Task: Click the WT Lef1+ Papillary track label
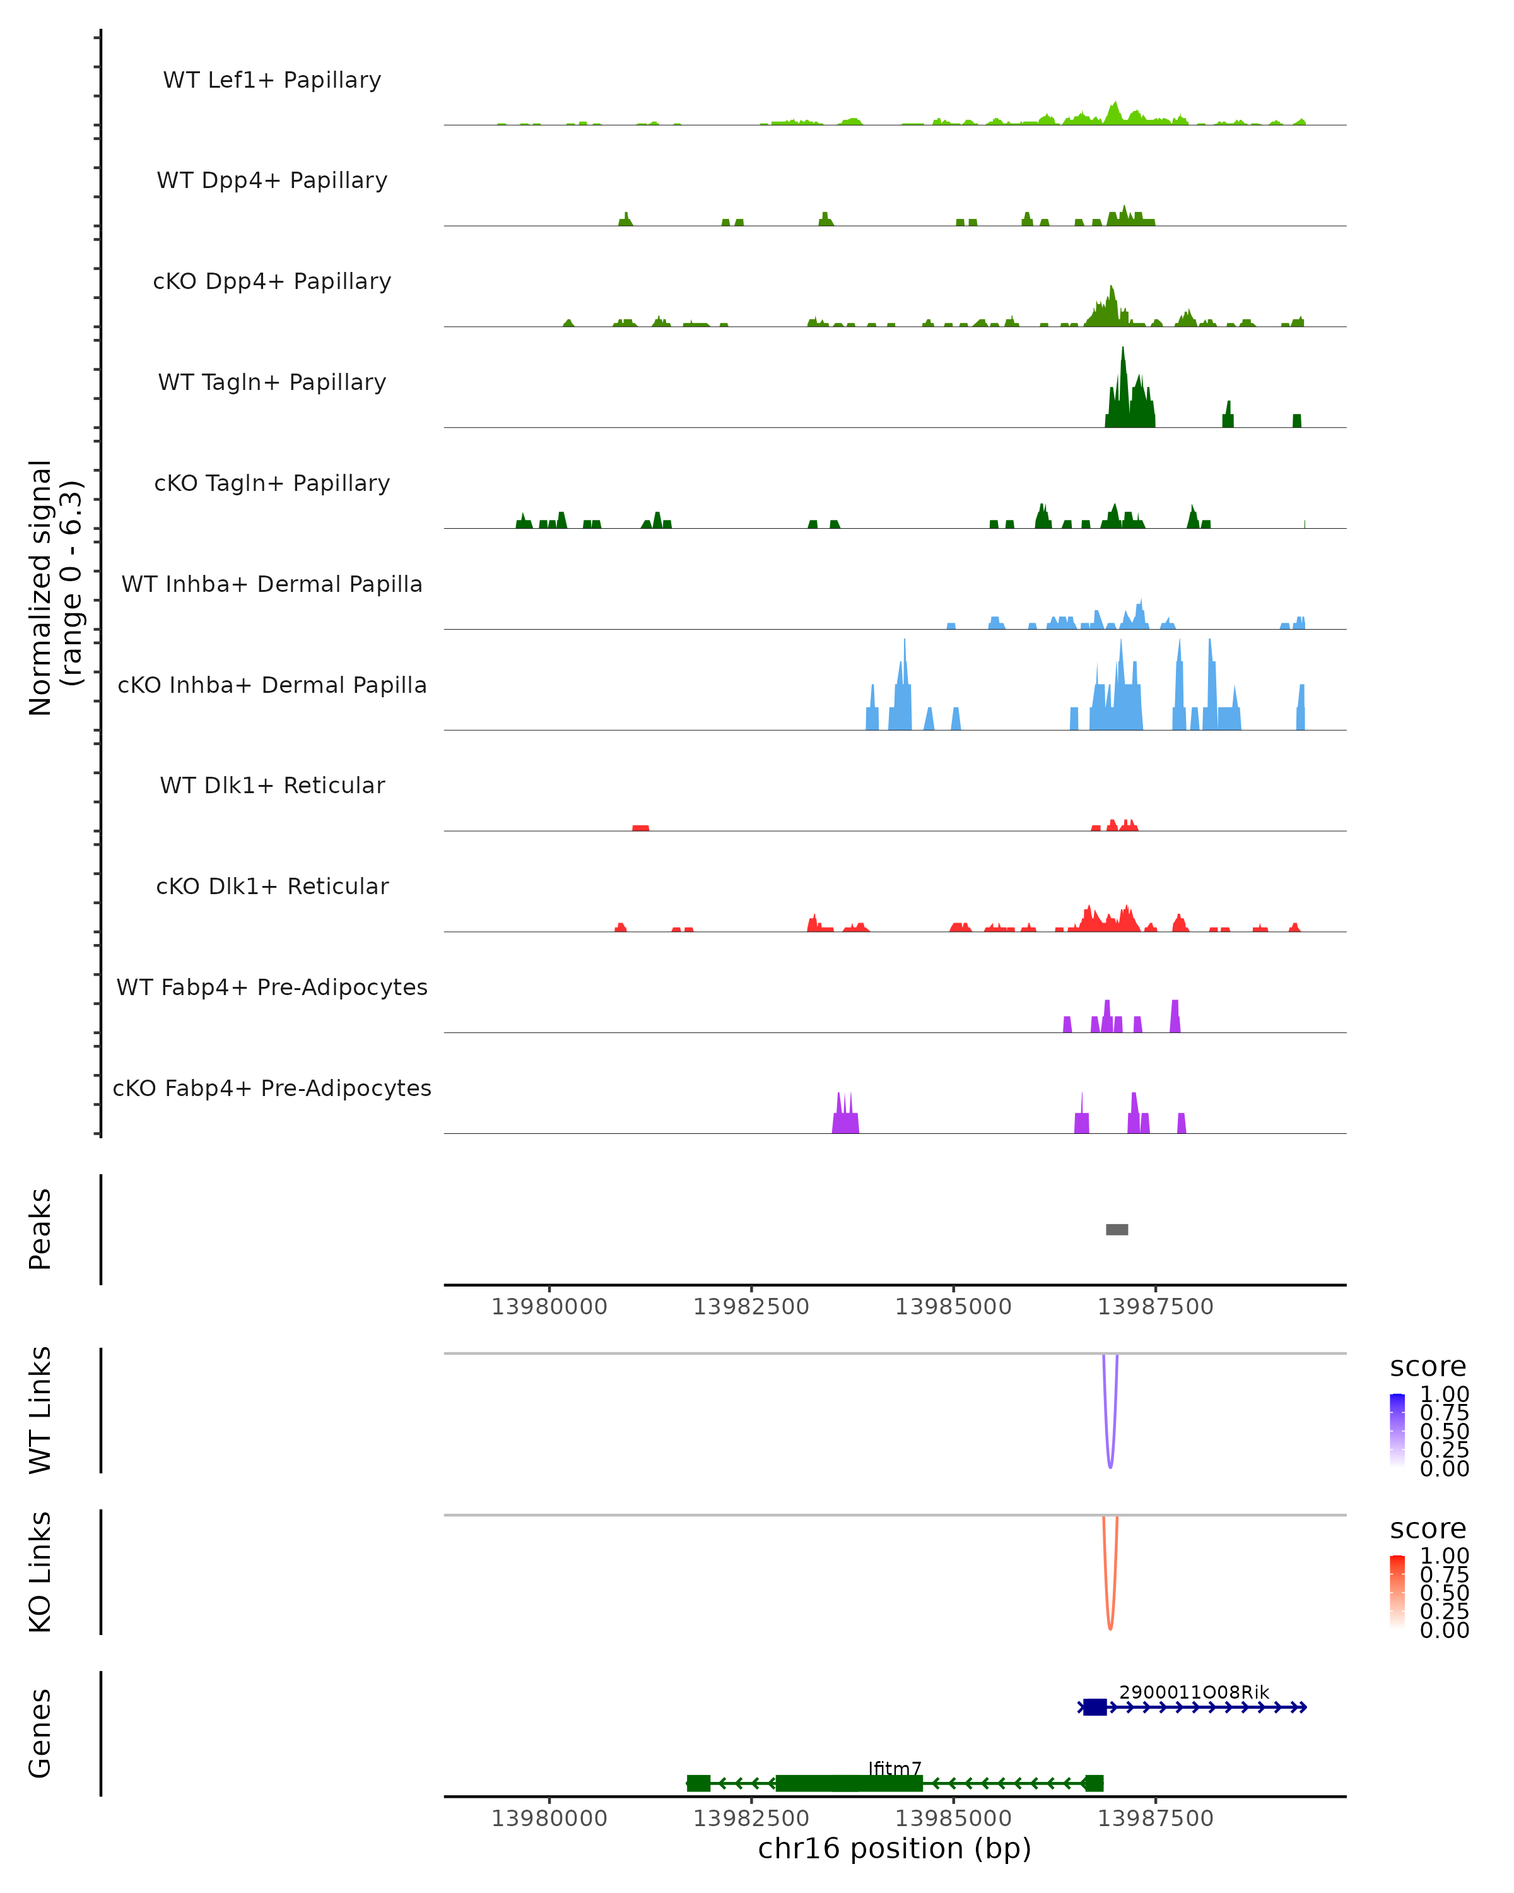272,80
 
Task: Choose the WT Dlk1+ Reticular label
272,785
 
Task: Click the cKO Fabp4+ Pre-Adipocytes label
272,1088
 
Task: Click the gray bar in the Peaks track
1117,1229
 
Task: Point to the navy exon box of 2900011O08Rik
1094,1707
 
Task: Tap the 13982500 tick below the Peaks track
751,1307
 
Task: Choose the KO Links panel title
40,1572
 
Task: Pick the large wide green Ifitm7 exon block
848,1783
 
